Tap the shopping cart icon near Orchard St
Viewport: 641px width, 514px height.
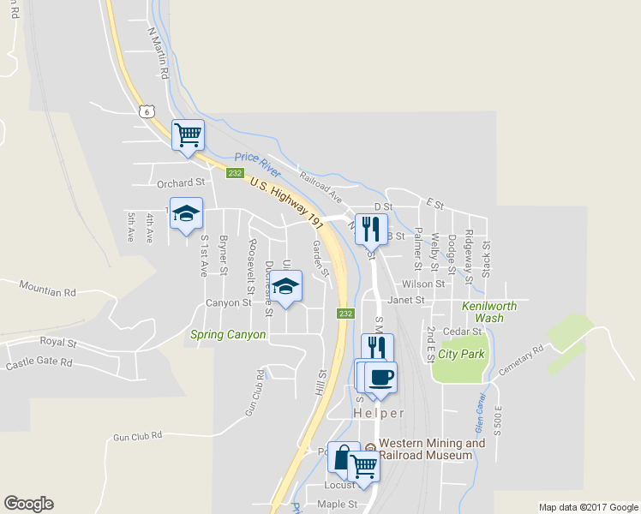coord(187,134)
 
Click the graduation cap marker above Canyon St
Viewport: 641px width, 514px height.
coord(286,285)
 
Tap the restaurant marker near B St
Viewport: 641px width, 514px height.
coord(371,229)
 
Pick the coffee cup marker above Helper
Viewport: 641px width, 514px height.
coord(381,377)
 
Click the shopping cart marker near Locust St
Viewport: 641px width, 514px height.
coord(364,467)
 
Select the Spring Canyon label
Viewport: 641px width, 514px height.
coord(229,335)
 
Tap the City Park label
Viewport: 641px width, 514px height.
coord(461,354)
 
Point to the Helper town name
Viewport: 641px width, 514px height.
coord(379,413)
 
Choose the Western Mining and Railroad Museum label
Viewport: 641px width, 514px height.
coord(432,449)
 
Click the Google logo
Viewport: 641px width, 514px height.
coord(28,504)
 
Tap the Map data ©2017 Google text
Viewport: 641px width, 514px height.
coord(587,507)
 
